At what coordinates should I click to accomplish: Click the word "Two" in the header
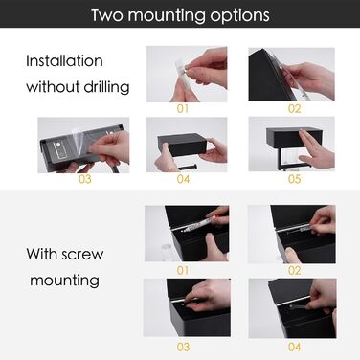click(x=106, y=14)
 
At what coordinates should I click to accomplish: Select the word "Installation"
click(x=64, y=60)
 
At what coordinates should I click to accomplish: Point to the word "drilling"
click(x=106, y=87)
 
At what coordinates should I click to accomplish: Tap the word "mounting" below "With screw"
click(x=64, y=281)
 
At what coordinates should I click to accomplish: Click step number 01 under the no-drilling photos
click(x=183, y=109)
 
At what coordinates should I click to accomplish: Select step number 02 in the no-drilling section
click(x=294, y=109)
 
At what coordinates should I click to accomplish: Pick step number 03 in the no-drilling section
click(x=85, y=179)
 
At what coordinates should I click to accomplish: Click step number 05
click(x=294, y=179)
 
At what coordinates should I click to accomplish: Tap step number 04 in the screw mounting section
click(x=294, y=347)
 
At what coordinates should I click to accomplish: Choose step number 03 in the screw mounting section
click(x=183, y=347)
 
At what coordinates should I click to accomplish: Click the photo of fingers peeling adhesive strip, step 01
click(x=187, y=74)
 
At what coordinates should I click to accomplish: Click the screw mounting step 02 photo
click(x=292, y=235)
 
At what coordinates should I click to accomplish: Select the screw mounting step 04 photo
click(x=292, y=308)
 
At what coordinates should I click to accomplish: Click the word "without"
click(x=53, y=86)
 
